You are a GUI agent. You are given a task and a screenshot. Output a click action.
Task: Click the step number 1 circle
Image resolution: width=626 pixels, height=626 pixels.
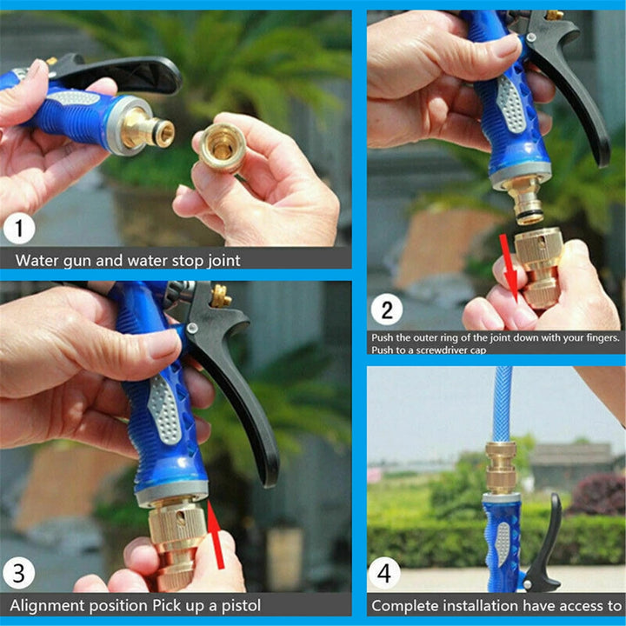pos(19,230)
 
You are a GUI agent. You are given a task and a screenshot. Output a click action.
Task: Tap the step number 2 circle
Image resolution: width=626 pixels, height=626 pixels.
pos(386,310)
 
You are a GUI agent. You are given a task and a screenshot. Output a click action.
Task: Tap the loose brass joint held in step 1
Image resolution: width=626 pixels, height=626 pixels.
pos(219,146)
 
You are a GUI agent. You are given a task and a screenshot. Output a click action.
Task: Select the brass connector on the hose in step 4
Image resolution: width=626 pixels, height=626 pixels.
pos(501,467)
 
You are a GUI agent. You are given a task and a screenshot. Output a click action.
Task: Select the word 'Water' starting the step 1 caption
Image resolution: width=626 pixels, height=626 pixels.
pos(37,259)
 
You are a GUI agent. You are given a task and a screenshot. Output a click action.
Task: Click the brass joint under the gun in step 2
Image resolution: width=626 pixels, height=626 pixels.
pos(538,265)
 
